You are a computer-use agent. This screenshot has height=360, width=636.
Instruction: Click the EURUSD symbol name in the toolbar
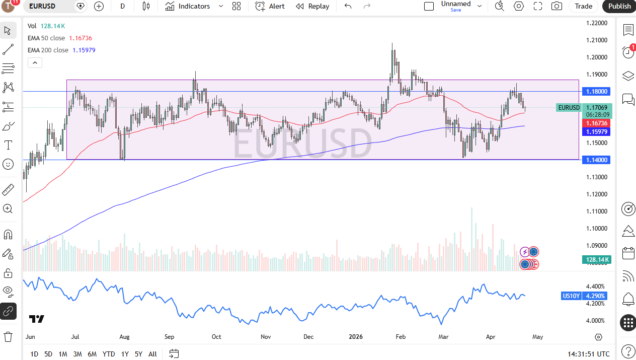[x=42, y=6]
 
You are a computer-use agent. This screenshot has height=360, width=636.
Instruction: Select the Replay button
[x=312, y=6]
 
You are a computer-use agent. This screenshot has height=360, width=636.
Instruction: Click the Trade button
[x=583, y=6]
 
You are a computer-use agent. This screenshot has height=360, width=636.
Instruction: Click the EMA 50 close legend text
[x=46, y=38]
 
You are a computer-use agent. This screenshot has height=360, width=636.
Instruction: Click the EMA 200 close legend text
[x=48, y=50]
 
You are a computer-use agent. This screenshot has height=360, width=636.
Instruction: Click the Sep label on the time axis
[x=169, y=337]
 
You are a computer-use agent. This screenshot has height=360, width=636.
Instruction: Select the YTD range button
[x=108, y=354]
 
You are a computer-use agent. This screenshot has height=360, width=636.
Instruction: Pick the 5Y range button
[x=138, y=354]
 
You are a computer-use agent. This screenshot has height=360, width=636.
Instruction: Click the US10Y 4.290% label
[x=584, y=296]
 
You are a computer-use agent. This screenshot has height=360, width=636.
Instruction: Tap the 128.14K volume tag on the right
[x=596, y=260]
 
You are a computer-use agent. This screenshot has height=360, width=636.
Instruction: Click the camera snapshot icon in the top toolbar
[x=556, y=6]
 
